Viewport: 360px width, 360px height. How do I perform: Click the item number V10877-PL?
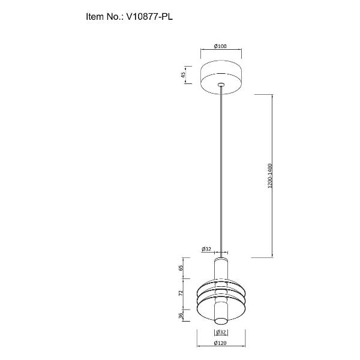coord(149,17)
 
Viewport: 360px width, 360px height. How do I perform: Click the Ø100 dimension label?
coord(220,46)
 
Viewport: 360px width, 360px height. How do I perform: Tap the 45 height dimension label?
coord(183,75)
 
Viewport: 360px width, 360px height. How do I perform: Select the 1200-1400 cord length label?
coord(270,176)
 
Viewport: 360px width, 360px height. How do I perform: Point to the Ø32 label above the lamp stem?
coord(206,249)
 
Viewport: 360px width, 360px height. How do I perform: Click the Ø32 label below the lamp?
coord(221,332)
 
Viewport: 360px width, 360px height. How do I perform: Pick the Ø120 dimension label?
coord(220,343)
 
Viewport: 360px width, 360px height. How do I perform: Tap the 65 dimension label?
coord(181,268)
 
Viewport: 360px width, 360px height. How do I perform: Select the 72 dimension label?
coord(181,293)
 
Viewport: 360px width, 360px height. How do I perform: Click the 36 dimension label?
coord(181,316)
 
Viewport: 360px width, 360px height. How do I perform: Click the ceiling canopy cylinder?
coord(221,77)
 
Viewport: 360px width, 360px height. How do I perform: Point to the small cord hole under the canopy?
coord(221,85)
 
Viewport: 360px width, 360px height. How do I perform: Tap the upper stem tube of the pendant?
coord(221,269)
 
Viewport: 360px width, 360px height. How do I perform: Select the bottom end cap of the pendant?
coord(221,321)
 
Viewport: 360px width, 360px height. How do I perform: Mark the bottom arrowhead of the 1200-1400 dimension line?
coord(272,256)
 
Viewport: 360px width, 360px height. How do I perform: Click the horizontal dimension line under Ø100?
coord(221,49)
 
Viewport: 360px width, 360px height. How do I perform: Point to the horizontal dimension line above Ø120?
coord(221,346)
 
